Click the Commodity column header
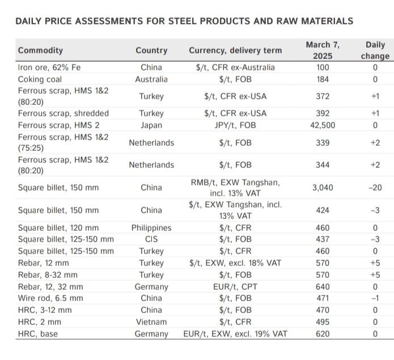tap(40, 50)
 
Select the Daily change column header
tap(375, 50)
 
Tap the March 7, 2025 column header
tap(323, 50)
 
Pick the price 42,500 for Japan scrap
tap(323, 125)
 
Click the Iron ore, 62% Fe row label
tap(49, 67)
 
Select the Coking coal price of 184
tap(323, 79)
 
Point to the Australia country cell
tap(151, 79)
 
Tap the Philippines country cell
tap(151, 228)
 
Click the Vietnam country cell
tap(151, 322)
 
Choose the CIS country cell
tap(151, 239)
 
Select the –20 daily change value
tap(375, 188)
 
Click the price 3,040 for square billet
tap(323, 188)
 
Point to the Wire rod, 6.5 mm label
tap(50, 298)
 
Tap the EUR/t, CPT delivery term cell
tap(235, 287)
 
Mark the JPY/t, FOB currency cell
tap(235, 125)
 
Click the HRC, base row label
tap(38, 334)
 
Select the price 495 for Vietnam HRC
tap(323, 322)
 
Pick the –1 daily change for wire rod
tap(375, 298)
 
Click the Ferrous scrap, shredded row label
tap(63, 113)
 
